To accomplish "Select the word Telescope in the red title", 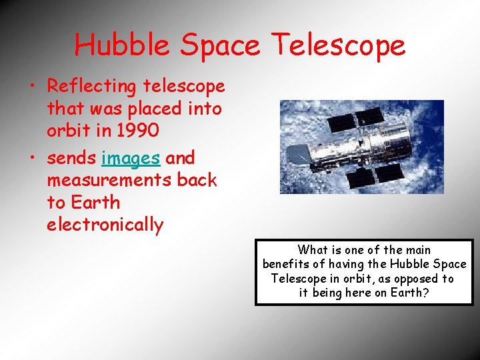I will (338, 45).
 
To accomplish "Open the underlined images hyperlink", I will (131, 158).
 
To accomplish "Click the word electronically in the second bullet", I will (105, 225).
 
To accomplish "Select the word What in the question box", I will (312, 250).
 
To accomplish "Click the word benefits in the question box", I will (285, 265).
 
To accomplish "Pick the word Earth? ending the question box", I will (408, 293).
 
